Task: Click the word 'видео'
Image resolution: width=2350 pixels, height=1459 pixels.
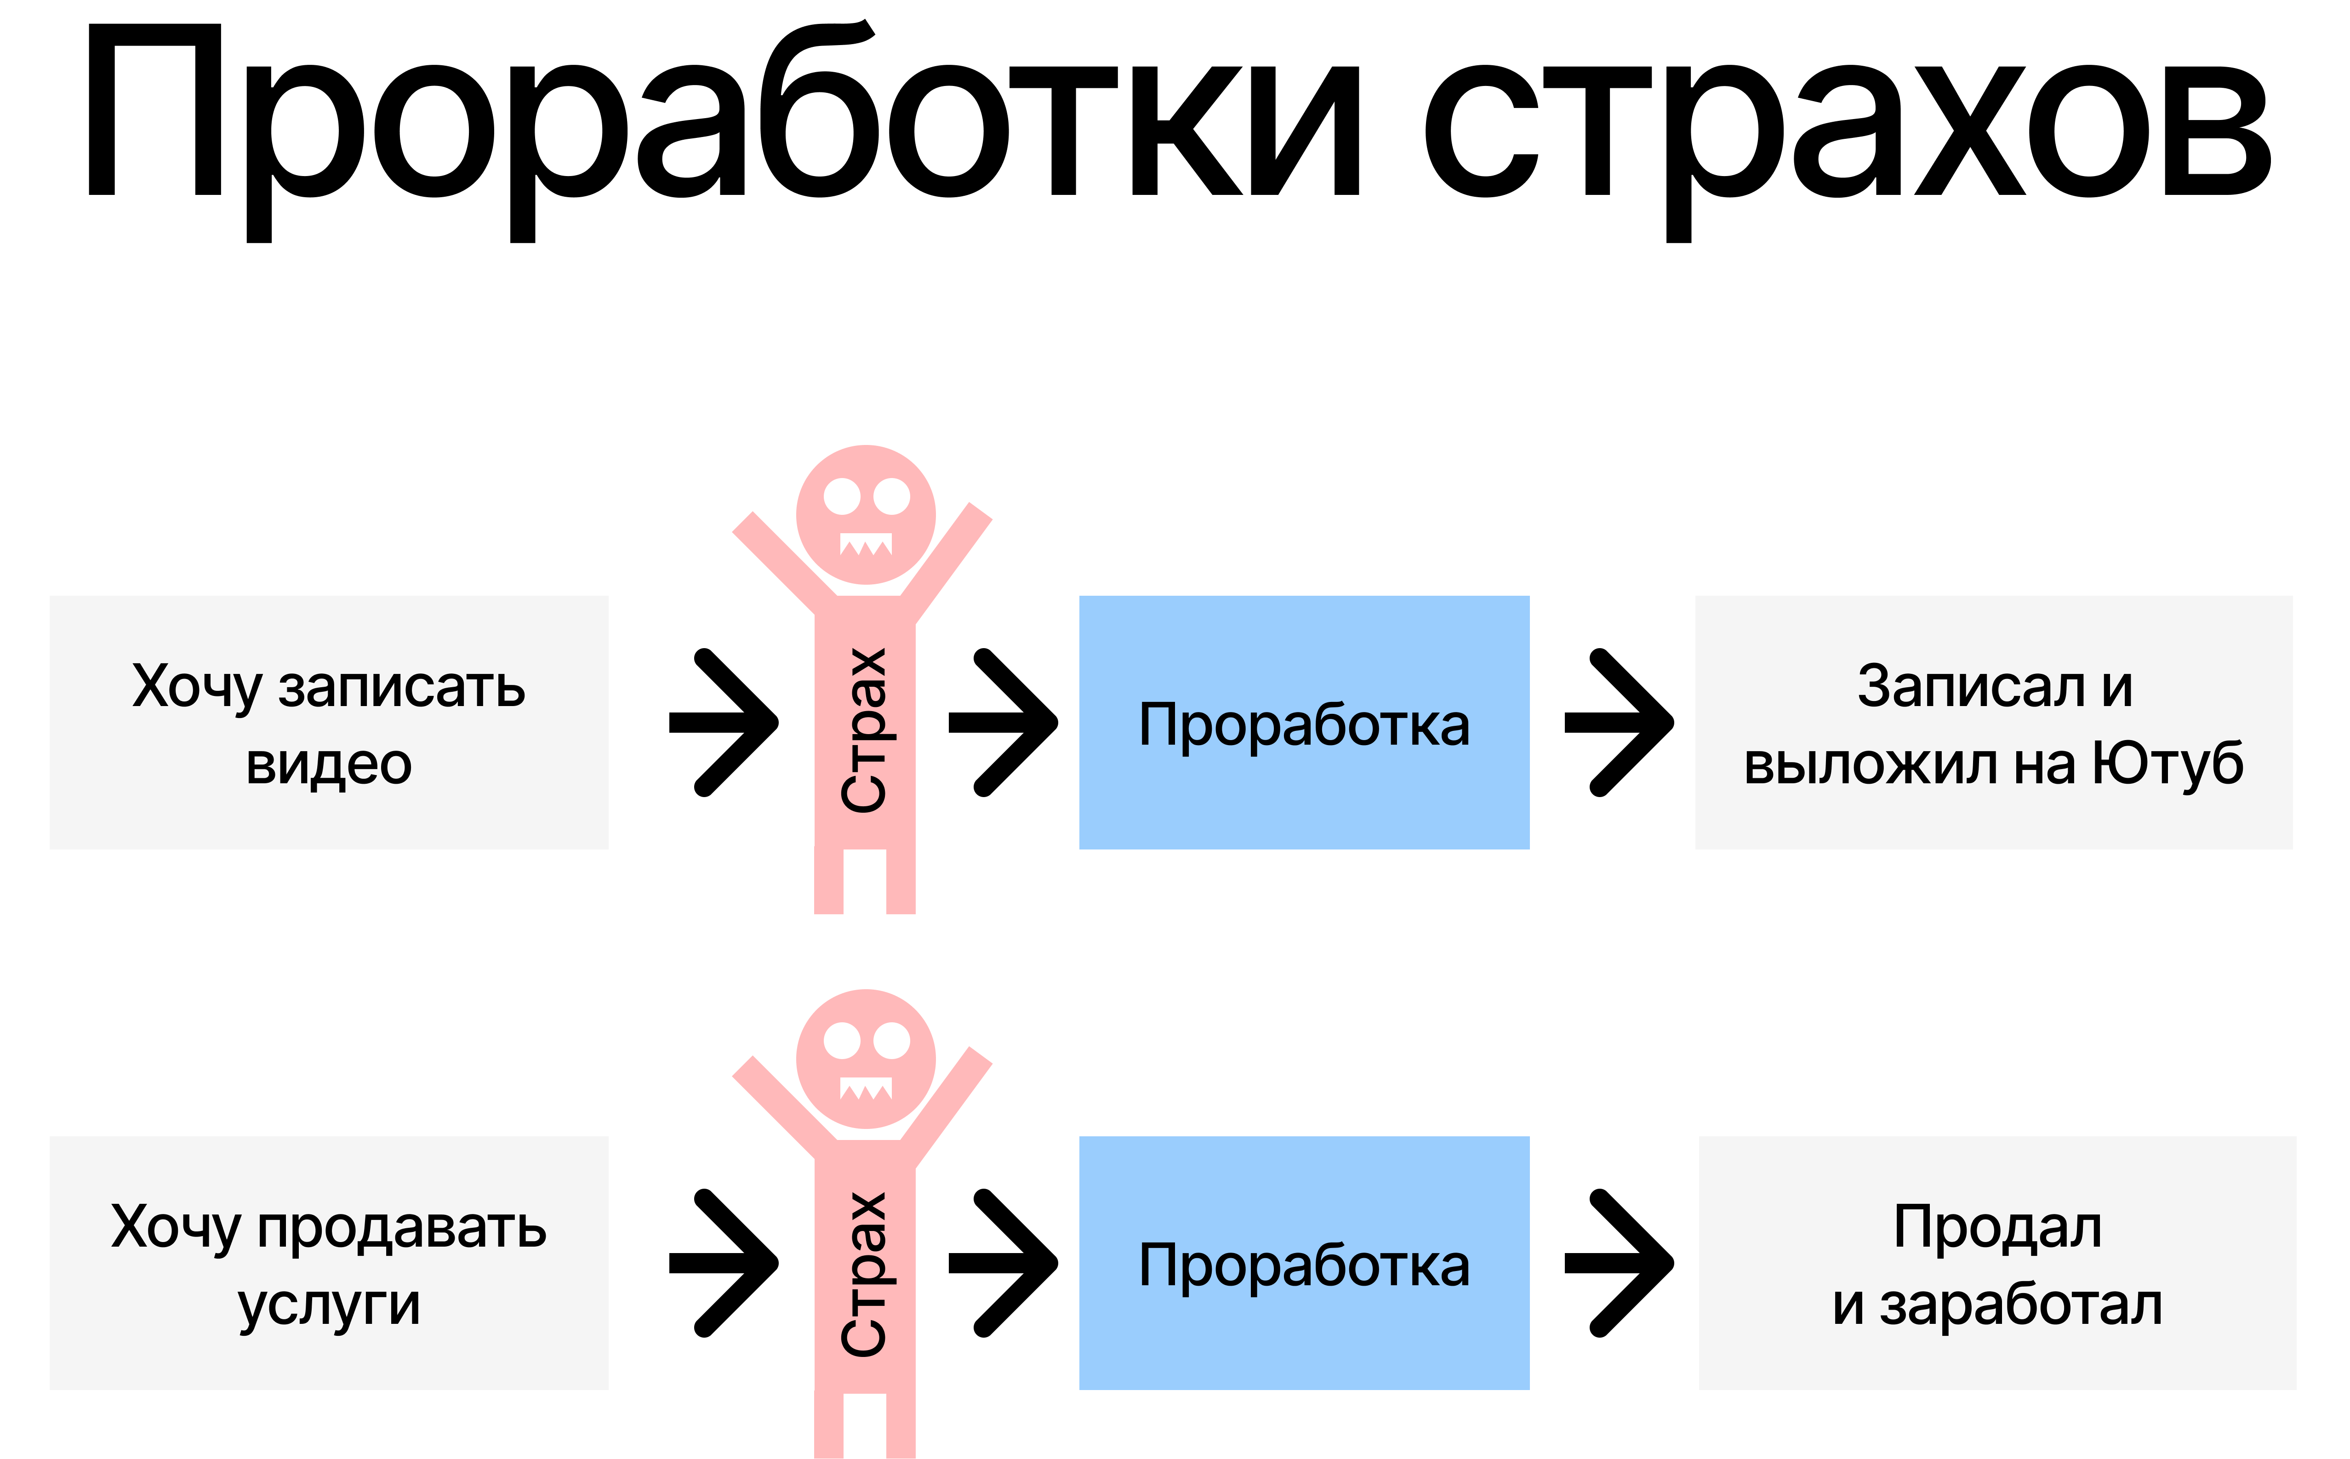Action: pyautogui.click(x=329, y=764)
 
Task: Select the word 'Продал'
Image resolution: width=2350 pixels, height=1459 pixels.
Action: pyautogui.click(x=1997, y=1227)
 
